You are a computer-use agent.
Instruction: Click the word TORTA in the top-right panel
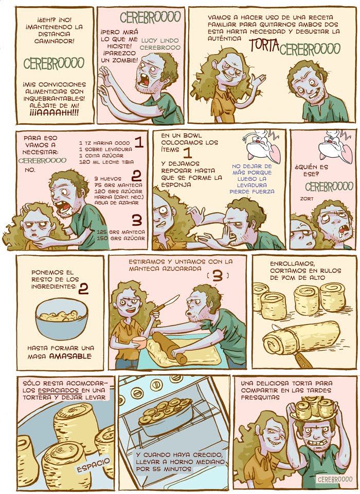[x=264, y=45]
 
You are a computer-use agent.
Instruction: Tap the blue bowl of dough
[x=62, y=319]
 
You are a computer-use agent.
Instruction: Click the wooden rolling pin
[x=169, y=348]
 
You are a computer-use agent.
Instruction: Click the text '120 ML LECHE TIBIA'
[x=106, y=162]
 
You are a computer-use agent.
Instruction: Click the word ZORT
[x=307, y=199]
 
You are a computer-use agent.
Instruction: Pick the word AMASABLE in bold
[x=70, y=356]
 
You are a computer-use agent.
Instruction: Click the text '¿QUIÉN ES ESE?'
[x=311, y=170]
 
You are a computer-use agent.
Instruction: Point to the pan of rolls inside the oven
[x=165, y=415]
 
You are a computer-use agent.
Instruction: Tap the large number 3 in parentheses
[x=218, y=276]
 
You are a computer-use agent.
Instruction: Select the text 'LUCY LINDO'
[x=160, y=41]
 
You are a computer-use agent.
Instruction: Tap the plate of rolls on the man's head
[x=314, y=409]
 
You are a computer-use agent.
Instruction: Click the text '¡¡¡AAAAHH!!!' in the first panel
[x=55, y=113]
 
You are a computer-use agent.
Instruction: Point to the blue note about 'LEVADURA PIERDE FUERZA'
[x=252, y=179]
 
